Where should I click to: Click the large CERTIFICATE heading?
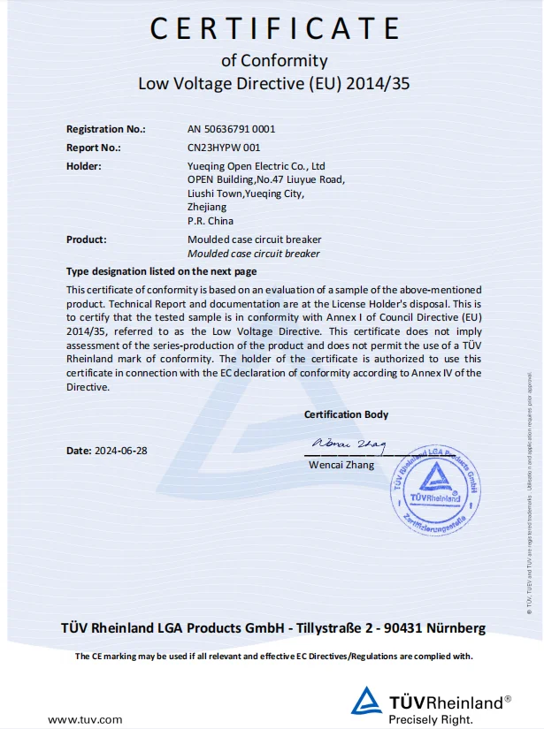(274, 28)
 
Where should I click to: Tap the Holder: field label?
(84, 166)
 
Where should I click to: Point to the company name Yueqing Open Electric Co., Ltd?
(257, 166)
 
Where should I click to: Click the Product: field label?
(87, 239)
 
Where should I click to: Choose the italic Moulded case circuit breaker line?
(254, 254)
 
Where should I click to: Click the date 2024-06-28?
(119, 451)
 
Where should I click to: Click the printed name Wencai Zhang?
(341, 465)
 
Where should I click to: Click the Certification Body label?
(346, 414)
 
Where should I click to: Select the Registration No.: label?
(105, 129)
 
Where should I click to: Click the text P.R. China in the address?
(211, 221)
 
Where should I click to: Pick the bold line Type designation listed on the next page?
(162, 271)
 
